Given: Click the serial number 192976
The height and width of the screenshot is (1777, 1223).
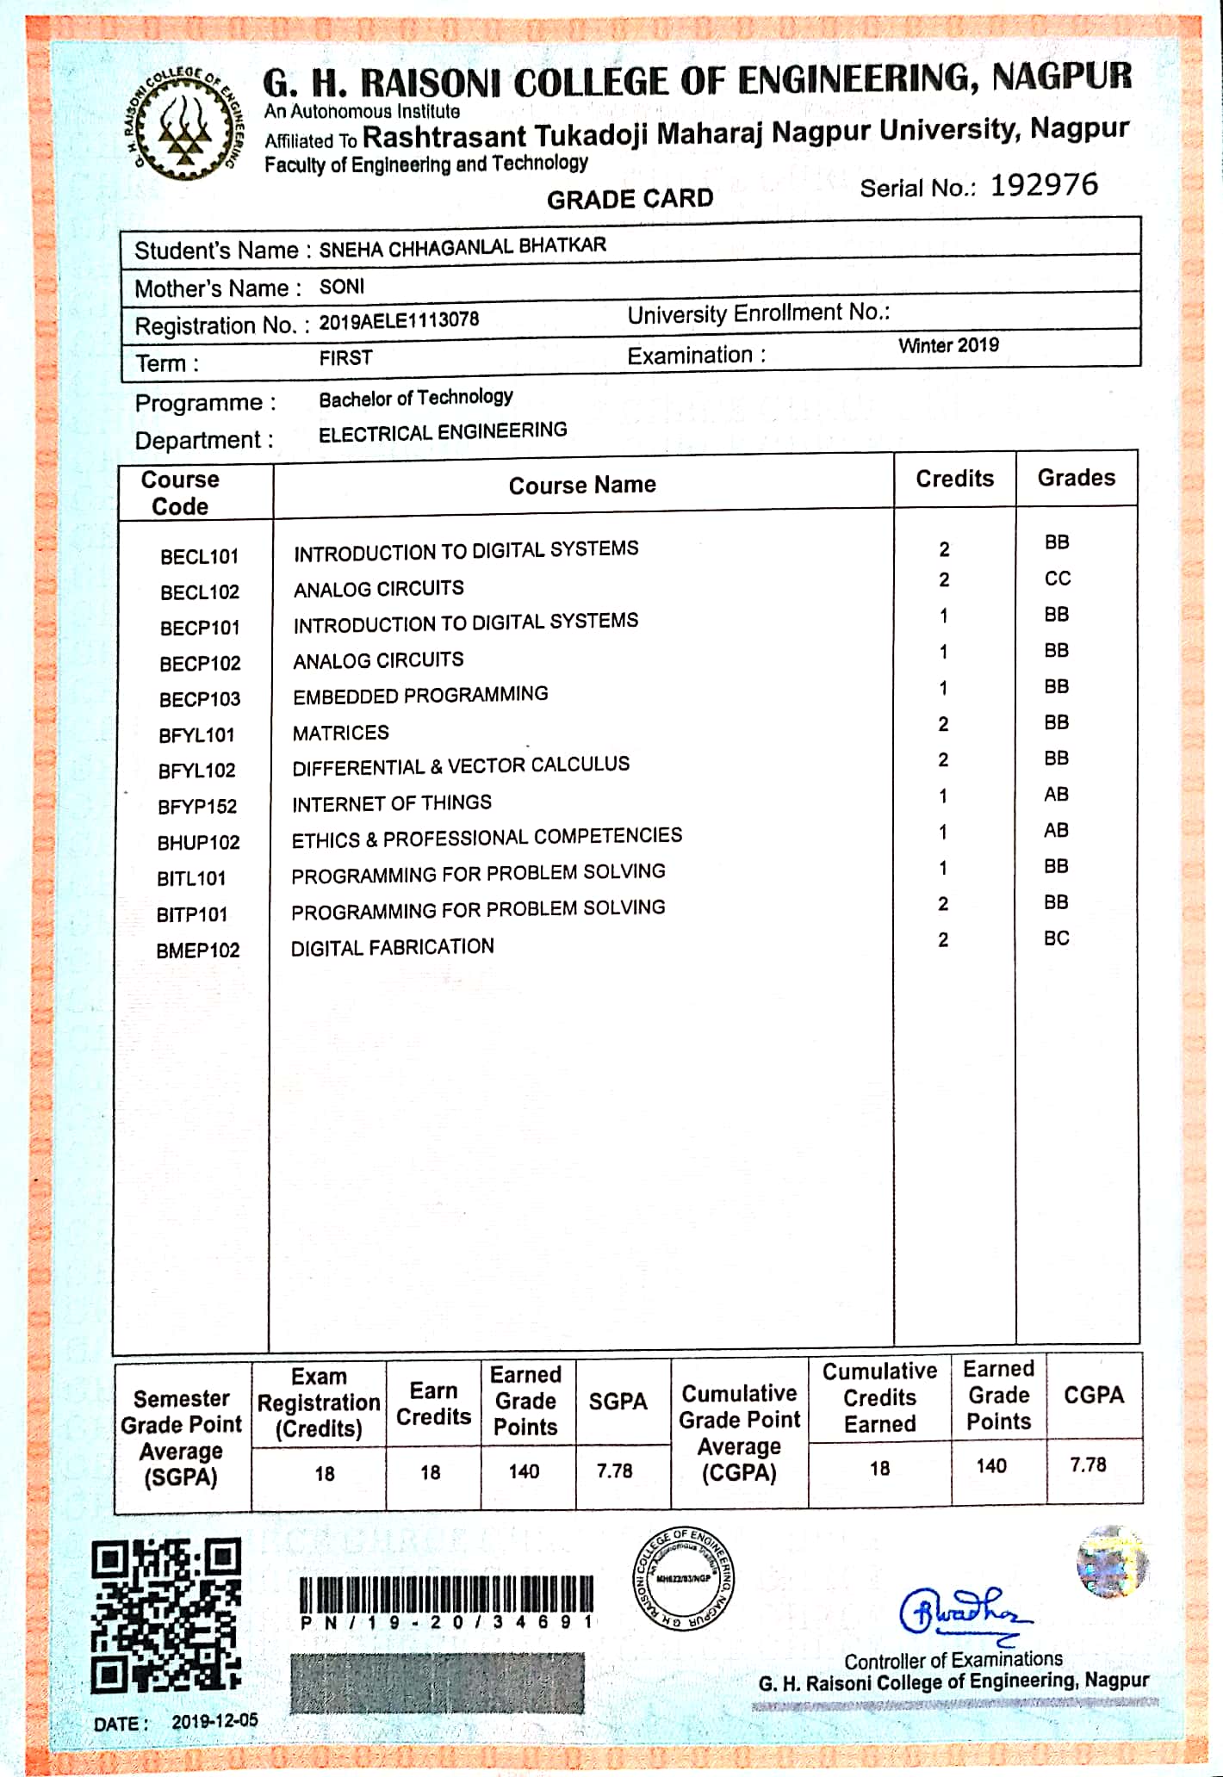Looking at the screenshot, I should coord(1044,185).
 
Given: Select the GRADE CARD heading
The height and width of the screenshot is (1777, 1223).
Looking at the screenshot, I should coord(630,199).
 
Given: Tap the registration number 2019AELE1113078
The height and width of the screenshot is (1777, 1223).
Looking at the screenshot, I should coord(399,320).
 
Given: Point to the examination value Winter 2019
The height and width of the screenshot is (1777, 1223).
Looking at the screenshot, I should coord(948,345).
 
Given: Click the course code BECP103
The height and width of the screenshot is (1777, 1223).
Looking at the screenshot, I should coord(200,699).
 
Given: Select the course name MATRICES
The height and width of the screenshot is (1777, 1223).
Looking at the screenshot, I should coord(341,733).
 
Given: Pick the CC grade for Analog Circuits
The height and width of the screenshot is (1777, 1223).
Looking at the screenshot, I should coord(1057,579).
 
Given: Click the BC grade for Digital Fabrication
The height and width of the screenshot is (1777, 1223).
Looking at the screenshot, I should coord(1056,938).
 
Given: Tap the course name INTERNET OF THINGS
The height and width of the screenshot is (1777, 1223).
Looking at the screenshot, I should coord(392,803).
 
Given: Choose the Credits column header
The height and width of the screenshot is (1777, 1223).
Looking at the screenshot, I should coord(954,479).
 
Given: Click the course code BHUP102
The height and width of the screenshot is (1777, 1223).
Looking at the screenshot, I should coord(198,842).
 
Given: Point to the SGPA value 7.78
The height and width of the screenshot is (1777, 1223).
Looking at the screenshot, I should coord(614,1471).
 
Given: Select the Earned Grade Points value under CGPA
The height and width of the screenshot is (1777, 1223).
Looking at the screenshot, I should coord(991,1465).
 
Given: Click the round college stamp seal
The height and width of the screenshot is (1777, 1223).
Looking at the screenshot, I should coord(684,1579).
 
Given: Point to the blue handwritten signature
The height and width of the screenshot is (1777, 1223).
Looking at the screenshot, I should coord(963,1611).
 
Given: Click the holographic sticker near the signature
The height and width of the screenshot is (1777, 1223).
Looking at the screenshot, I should coord(1112,1561).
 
